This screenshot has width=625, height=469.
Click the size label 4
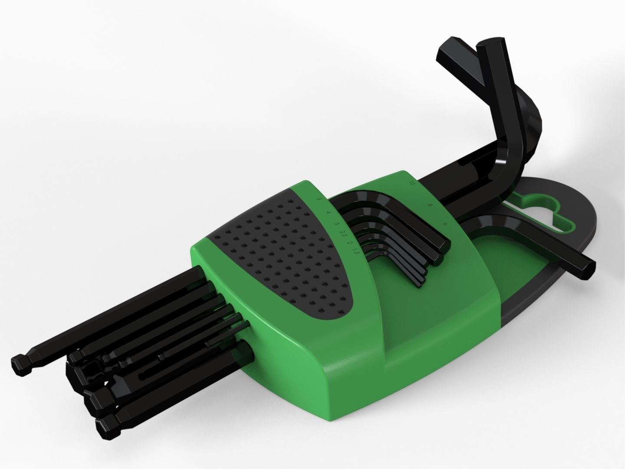point(329,213)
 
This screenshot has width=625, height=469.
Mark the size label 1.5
point(355,251)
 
